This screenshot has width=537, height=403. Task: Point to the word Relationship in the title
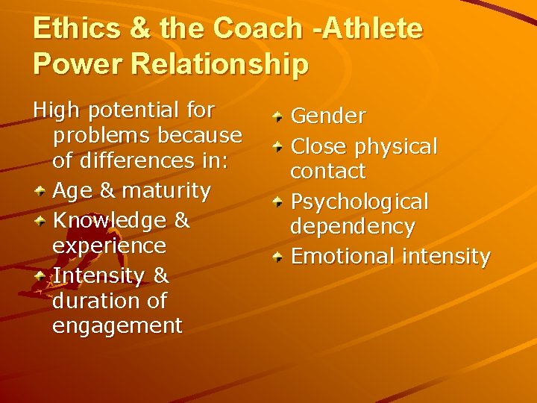point(220,64)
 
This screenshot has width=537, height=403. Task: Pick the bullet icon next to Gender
point(277,117)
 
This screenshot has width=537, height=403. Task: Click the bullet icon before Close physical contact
point(277,147)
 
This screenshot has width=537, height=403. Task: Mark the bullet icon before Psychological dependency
point(277,202)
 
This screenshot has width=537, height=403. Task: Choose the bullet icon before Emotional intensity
point(277,257)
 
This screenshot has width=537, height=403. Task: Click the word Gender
point(327,116)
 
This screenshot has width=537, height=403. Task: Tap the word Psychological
point(359,202)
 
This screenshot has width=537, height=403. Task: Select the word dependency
point(352,226)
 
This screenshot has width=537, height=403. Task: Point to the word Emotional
point(342,257)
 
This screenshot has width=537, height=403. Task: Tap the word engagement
point(117,326)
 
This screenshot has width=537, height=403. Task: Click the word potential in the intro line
point(134,111)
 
